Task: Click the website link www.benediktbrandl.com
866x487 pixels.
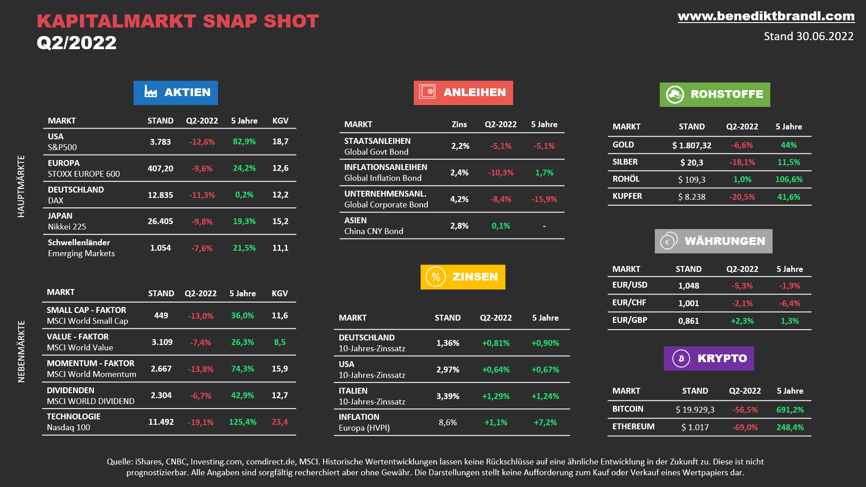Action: point(766,16)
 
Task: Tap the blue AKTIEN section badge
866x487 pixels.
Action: point(176,92)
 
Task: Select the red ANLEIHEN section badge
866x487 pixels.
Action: point(463,92)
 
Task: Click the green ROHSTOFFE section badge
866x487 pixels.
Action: point(715,94)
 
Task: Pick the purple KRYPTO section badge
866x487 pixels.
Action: point(709,358)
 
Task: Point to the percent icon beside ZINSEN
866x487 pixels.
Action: point(435,277)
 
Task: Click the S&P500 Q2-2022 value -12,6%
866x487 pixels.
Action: point(202,142)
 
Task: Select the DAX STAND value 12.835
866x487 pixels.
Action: point(160,195)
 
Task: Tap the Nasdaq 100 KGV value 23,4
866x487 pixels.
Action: point(279,422)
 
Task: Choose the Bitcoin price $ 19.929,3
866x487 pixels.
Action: point(695,409)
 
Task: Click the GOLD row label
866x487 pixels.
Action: point(623,145)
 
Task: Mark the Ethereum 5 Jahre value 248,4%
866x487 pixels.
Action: point(790,427)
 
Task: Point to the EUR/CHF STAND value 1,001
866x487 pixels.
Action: point(688,303)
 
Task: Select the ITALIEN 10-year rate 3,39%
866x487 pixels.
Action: point(447,396)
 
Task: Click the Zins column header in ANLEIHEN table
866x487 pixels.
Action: point(459,124)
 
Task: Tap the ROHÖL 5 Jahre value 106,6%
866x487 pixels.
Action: point(788,179)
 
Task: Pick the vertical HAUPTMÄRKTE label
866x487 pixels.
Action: point(21,186)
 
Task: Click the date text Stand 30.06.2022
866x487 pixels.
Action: point(808,37)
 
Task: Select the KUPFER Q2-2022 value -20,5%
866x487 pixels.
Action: point(742,197)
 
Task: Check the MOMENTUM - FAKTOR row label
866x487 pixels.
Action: point(90,363)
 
